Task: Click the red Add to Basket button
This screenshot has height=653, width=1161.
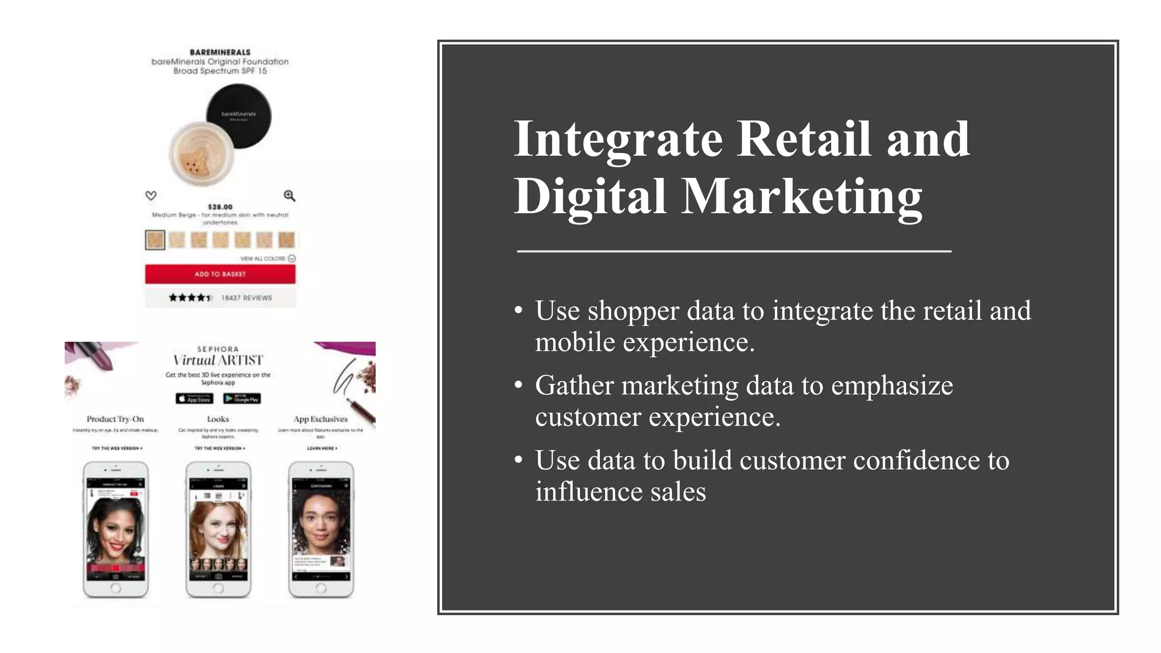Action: pos(220,274)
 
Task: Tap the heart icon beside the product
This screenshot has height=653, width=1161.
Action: pos(151,196)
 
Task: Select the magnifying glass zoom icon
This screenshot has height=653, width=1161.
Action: pos(289,196)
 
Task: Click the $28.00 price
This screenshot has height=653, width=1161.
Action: pos(220,207)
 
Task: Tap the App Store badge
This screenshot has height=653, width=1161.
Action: pos(194,398)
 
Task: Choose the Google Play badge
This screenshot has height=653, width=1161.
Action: pos(242,398)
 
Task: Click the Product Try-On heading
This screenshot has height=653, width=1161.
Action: pos(115,419)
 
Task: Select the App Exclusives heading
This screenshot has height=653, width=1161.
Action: pos(320,419)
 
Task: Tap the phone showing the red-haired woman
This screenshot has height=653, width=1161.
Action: pos(218,529)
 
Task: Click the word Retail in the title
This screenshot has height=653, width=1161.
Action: pos(803,139)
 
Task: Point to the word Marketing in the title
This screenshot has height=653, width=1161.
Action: pos(801,197)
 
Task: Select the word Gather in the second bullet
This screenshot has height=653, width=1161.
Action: pos(574,386)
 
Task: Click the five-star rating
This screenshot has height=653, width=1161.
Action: pos(190,298)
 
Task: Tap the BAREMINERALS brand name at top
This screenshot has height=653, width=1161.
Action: pos(220,52)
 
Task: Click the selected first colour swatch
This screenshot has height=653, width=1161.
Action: pos(155,240)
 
